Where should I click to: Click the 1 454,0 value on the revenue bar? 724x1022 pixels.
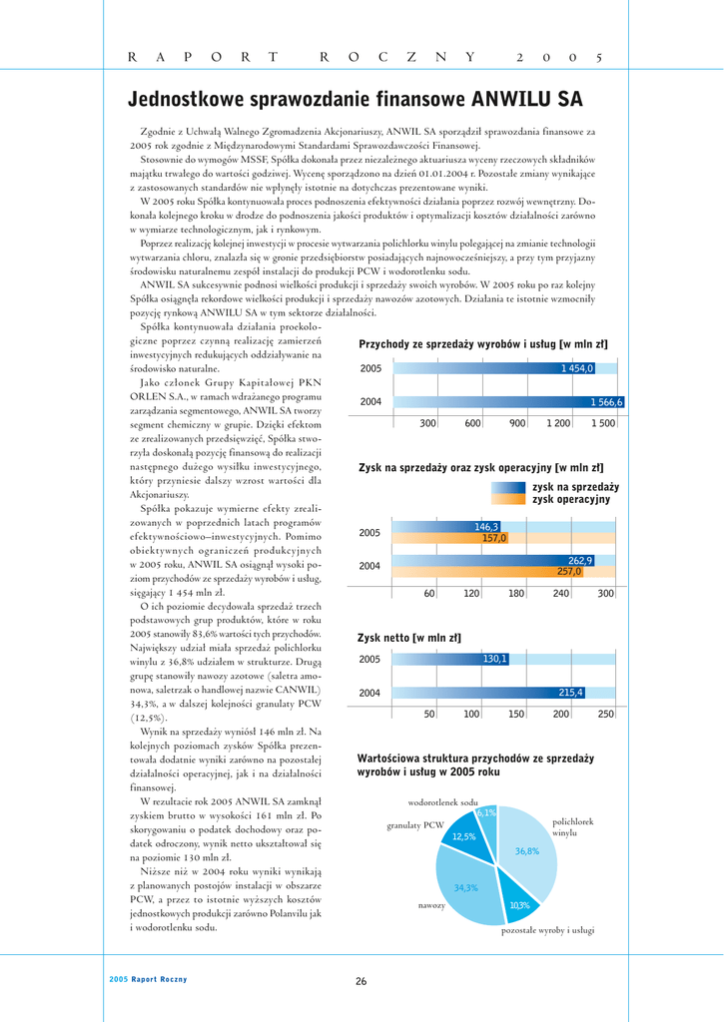[x=577, y=369]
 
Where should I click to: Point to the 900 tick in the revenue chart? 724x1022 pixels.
[x=517, y=424]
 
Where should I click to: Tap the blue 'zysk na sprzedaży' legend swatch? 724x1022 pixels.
[x=508, y=487]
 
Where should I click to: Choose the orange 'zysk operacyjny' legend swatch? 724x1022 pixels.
[x=508, y=499]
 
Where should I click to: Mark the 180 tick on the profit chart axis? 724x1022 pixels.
[x=516, y=594]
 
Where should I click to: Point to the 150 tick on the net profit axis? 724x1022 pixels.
[x=517, y=715]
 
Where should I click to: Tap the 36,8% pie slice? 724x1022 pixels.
[x=529, y=850]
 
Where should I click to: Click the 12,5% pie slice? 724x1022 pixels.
[x=464, y=835]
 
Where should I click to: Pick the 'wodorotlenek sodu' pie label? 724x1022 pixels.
[x=442, y=802]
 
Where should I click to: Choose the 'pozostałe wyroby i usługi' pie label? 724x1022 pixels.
[x=547, y=930]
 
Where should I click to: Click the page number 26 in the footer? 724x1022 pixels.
[x=362, y=981]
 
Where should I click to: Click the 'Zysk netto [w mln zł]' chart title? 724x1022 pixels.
[x=409, y=637]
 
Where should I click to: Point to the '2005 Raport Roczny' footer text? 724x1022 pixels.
[x=148, y=979]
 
